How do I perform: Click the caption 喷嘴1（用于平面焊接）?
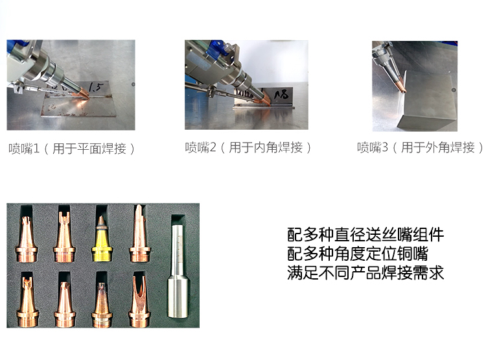(71, 149)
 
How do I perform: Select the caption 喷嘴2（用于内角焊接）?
(248, 147)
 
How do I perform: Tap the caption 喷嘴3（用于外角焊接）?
(420, 147)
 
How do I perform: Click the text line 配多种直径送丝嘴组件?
(365, 235)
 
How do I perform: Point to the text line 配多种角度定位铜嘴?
(358, 254)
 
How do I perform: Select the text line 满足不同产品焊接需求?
(365, 273)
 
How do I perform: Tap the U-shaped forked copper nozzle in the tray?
(139, 300)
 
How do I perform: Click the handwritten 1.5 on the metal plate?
(95, 87)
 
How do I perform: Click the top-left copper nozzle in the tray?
(27, 239)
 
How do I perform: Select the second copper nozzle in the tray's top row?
(64, 237)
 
